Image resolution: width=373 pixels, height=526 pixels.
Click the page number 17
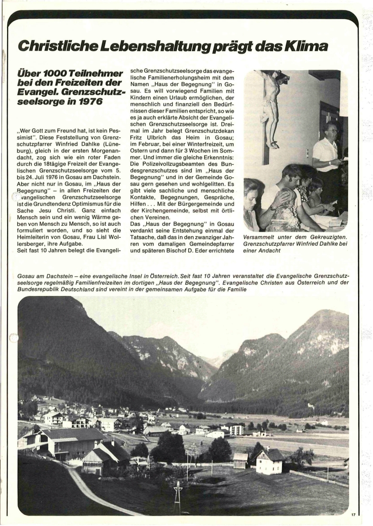click(353, 515)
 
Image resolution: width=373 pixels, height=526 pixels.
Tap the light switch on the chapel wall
click(307, 153)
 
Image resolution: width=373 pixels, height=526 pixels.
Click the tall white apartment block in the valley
click(236, 429)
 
